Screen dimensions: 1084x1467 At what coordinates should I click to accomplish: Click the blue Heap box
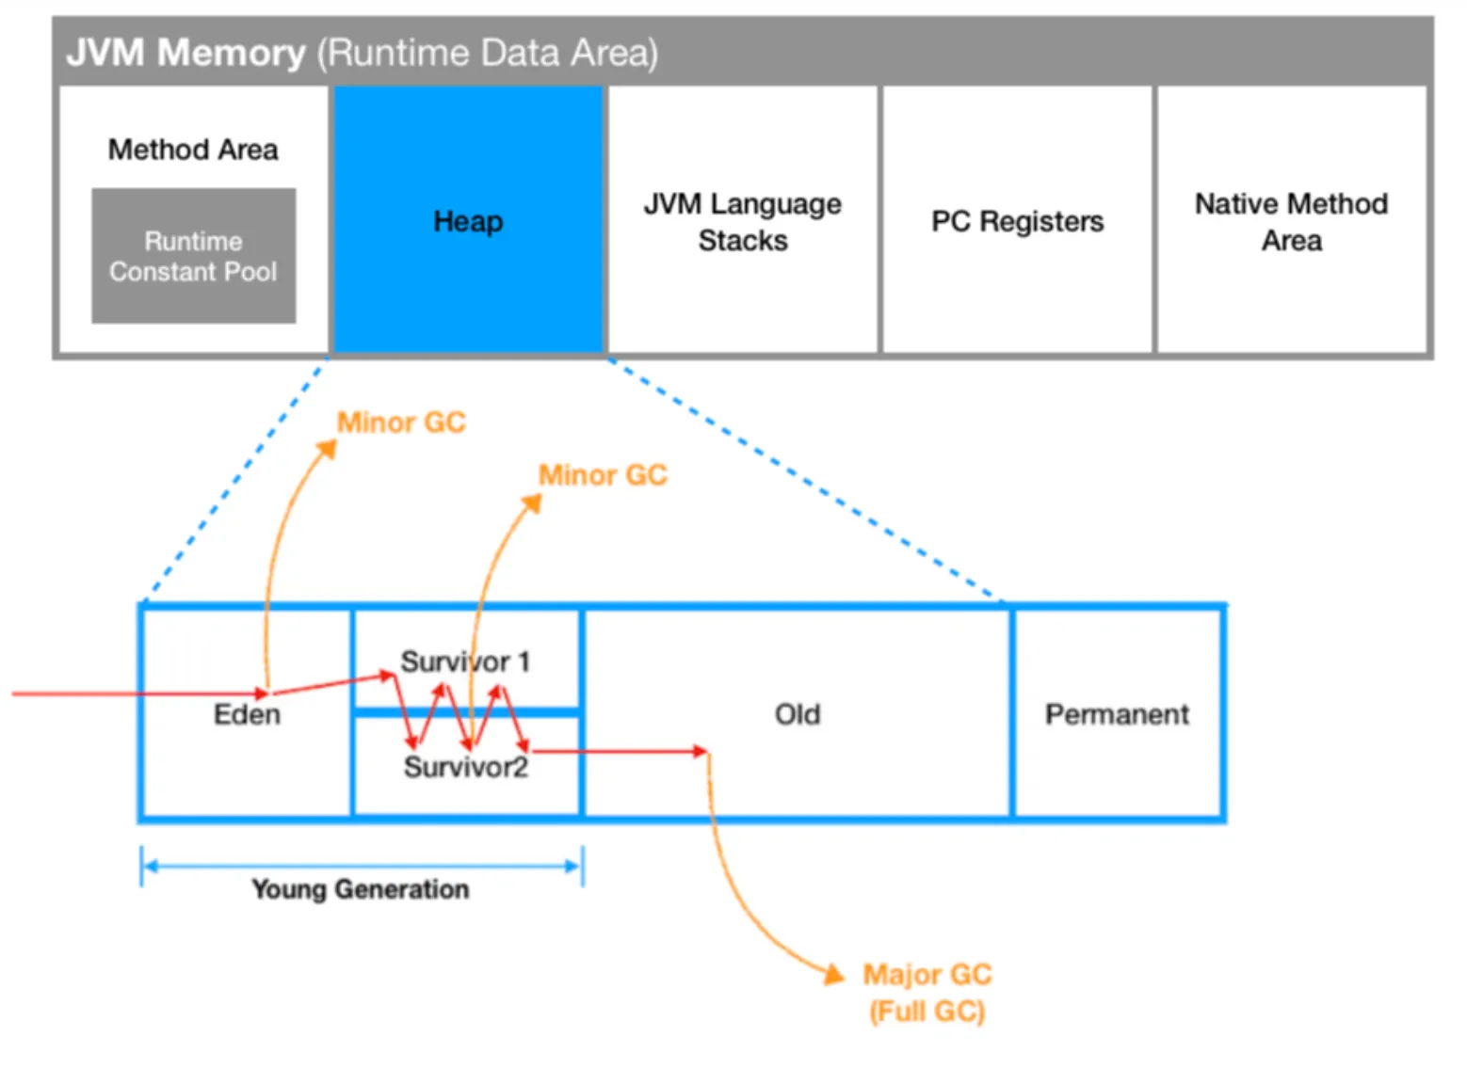[x=468, y=220]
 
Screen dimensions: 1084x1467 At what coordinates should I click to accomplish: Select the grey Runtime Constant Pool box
[x=193, y=256]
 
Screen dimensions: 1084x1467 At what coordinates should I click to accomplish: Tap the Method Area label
[x=193, y=150]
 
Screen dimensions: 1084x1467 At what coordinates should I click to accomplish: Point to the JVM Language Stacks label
[x=743, y=222]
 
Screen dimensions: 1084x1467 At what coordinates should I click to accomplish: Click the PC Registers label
[x=1017, y=221]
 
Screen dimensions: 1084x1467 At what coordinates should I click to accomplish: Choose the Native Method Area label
[x=1291, y=222]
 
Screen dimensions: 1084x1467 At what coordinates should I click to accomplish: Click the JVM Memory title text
[x=185, y=53]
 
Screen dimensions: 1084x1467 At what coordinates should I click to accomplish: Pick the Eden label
[x=247, y=714]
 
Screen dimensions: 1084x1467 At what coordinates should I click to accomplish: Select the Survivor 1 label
[x=465, y=662]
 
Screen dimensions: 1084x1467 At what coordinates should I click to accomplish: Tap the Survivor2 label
[x=465, y=767]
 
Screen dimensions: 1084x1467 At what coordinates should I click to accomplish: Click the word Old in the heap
[x=797, y=714]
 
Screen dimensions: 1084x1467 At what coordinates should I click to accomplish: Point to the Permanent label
[x=1117, y=714]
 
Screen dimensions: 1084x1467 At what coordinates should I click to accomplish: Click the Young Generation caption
[x=360, y=889]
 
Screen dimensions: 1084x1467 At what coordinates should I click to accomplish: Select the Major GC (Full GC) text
[x=927, y=993]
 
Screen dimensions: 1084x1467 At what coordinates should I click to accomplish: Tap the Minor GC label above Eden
[x=401, y=422]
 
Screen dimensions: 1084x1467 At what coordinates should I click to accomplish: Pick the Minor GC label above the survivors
[x=603, y=475]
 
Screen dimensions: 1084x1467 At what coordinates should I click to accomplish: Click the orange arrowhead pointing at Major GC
[x=834, y=974]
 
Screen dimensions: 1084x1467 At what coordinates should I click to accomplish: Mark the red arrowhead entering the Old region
[x=700, y=751]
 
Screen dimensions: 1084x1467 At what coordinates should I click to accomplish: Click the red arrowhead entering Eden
[x=262, y=694]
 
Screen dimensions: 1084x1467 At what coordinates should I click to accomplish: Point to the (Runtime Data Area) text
[x=487, y=53]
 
